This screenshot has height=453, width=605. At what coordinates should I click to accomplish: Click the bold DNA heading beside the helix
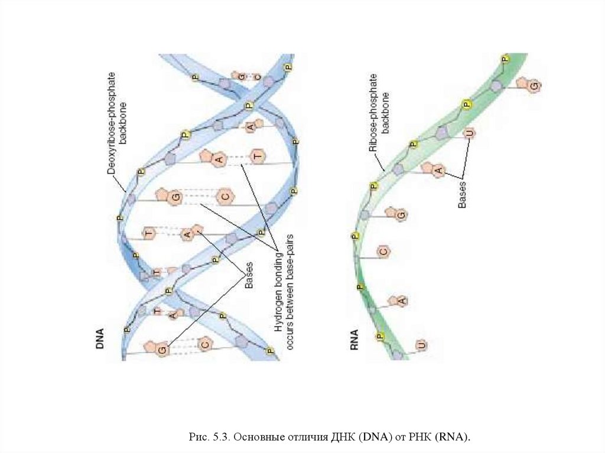[x=100, y=340]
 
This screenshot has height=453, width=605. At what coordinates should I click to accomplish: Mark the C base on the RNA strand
[x=383, y=252]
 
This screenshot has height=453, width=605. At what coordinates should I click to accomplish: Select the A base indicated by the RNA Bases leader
[x=438, y=171]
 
